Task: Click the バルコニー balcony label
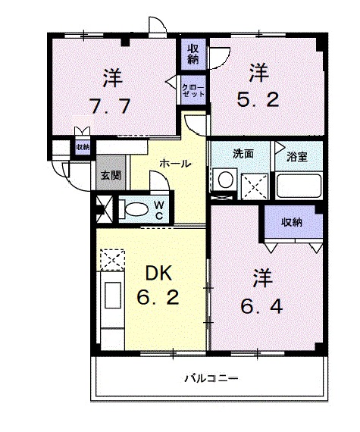(x=211, y=379)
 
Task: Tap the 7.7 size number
(x=110, y=106)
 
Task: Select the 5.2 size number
(x=258, y=99)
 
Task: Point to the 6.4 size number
(x=261, y=306)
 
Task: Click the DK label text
(x=158, y=273)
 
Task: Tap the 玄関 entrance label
(x=111, y=175)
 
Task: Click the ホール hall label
(x=175, y=164)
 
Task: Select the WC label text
(x=159, y=210)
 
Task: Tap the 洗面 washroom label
(x=243, y=154)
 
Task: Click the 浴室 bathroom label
(x=296, y=156)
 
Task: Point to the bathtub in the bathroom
(x=299, y=186)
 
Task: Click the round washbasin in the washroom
(x=226, y=180)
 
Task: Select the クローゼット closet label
(x=193, y=91)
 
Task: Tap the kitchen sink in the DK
(x=113, y=295)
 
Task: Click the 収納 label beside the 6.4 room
(x=292, y=222)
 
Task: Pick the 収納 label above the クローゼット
(x=193, y=54)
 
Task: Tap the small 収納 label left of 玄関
(x=83, y=147)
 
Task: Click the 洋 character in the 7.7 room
(x=113, y=78)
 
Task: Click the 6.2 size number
(x=158, y=297)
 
